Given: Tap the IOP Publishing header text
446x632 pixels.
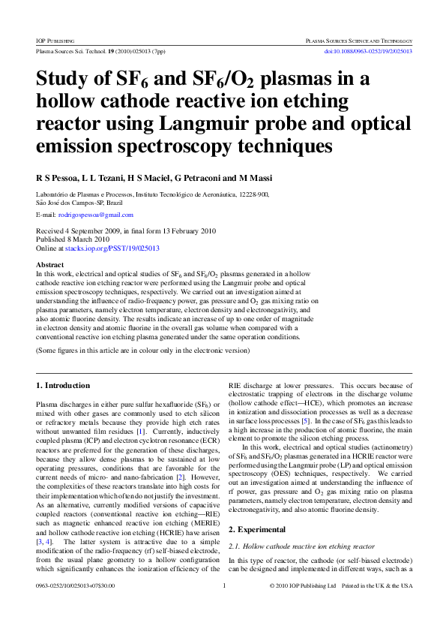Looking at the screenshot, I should tap(56, 39).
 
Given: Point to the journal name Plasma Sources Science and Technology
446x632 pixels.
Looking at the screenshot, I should tap(359, 39).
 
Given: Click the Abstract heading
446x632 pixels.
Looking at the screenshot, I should tap(50, 266).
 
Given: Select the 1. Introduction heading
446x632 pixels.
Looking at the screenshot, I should tap(63, 385).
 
